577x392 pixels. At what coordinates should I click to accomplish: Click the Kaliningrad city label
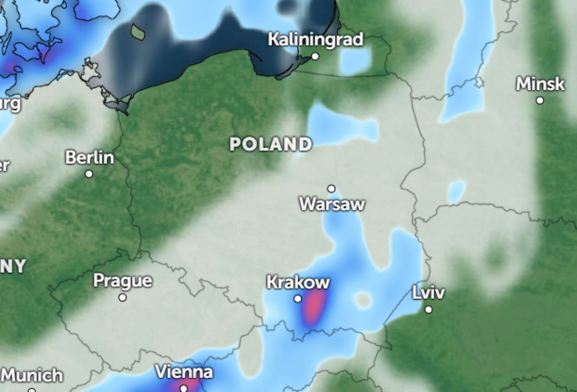pyautogui.click(x=315, y=39)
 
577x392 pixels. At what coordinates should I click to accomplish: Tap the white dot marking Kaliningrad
pyautogui.click(x=315, y=56)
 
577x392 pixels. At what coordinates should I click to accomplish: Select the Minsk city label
pyautogui.click(x=540, y=84)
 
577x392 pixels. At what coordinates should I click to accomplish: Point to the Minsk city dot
pyautogui.click(x=540, y=100)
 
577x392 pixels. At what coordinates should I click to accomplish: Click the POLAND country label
pyautogui.click(x=271, y=144)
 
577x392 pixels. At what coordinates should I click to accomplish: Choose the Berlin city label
pyautogui.click(x=89, y=157)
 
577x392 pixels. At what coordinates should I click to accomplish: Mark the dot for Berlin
pyautogui.click(x=89, y=174)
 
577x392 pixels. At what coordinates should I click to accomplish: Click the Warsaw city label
pyautogui.click(x=332, y=204)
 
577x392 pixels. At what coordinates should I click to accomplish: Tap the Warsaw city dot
pyautogui.click(x=331, y=188)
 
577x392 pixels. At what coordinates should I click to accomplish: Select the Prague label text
pyautogui.click(x=123, y=281)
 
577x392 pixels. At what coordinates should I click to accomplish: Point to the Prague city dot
pyautogui.click(x=123, y=297)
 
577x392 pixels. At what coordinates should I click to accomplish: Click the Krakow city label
pyautogui.click(x=298, y=282)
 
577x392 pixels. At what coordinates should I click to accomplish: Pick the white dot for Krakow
pyautogui.click(x=298, y=299)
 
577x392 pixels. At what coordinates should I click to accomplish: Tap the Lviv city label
pyautogui.click(x=428, y=293)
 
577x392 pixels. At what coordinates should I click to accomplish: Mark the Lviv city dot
pyautogui.click(x=428, y=309)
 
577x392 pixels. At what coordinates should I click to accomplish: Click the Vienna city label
pyautogui.click(x=184, y=372)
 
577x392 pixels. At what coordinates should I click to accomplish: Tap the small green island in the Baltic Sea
pyautogui.click(x=138, y=32)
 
